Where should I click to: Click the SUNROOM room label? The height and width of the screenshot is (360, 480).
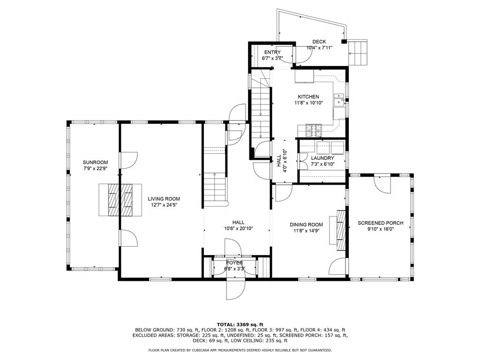[x=96, y=162]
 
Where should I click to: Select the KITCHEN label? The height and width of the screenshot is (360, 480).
[x=308, y=97]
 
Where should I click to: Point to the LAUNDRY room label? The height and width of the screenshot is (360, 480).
[x=322, y=158]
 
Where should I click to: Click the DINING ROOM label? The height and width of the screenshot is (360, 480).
[x=306, y=225]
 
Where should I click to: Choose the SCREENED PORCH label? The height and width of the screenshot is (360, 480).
[x=378, y=223]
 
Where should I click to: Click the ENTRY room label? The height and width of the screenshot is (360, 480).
[x=272, y=52]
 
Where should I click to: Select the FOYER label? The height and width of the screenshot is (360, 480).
[x=234, y=262]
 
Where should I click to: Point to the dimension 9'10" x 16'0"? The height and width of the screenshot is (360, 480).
[x=378, y=229]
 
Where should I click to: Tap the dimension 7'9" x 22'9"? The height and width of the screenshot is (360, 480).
[x=96, y=168]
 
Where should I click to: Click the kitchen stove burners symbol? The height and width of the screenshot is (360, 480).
[x=314, y=127]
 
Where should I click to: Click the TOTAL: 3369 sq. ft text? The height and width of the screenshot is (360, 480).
[x=240, y=324]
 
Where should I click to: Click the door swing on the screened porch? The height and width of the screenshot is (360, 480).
[x=383, y=184]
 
